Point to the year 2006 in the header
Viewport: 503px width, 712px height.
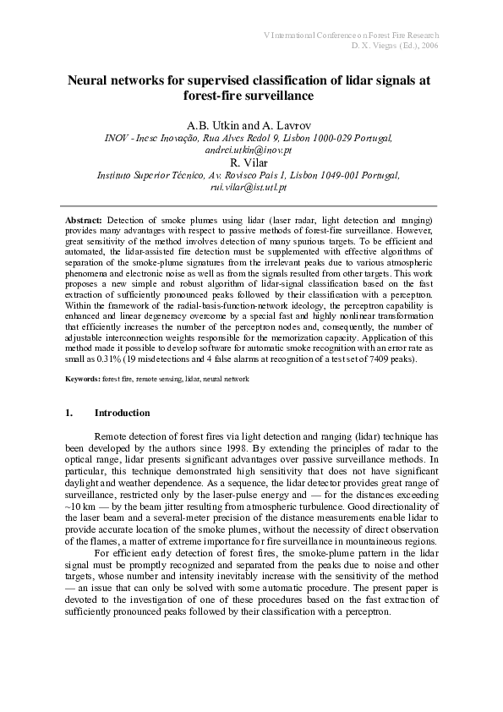click(426, 46)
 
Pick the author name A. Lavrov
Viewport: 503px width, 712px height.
click(287, 123)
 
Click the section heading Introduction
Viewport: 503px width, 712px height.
click(122, 413)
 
